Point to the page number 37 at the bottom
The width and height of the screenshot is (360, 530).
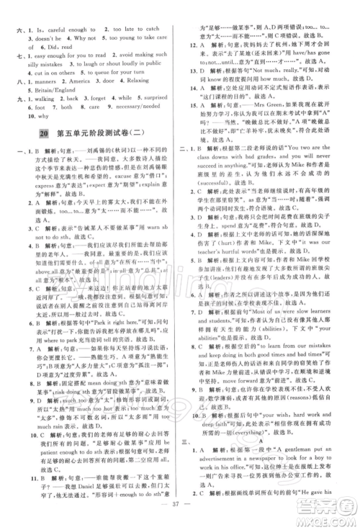[x=180, y=520]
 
